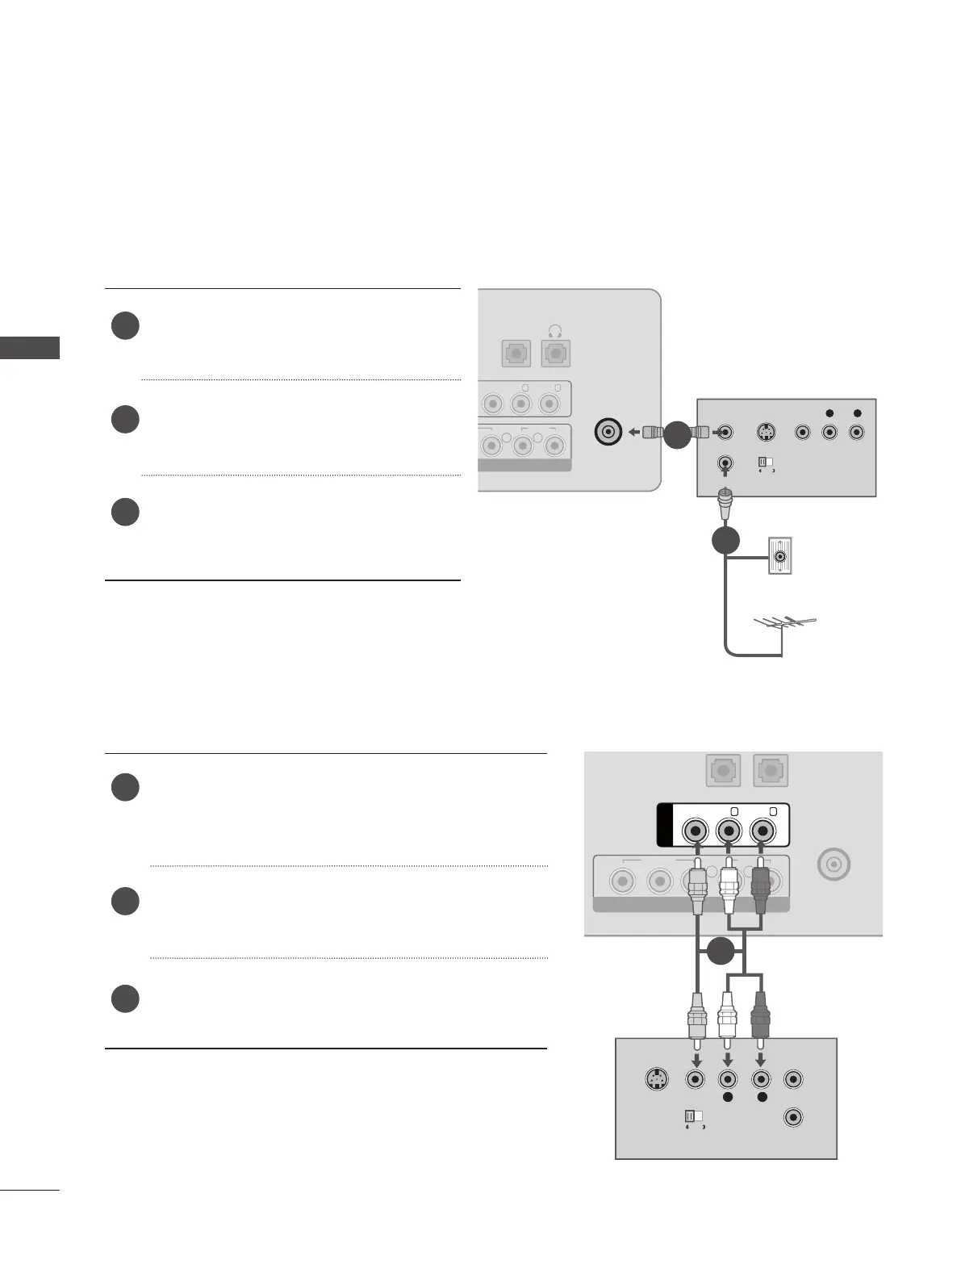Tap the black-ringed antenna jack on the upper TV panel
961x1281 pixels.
pos(607,433)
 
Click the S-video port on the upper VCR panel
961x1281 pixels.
pos(765,433)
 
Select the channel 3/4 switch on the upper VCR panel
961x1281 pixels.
pos(763,463)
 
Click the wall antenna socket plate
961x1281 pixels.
pos(780,555)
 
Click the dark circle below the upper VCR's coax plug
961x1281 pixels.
pos(725,539)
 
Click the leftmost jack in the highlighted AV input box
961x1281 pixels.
pos(696,831)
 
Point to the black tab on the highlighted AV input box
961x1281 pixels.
pos(665,825)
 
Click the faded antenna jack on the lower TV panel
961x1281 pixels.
pos(833,865)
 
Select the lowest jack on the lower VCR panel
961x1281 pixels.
pos(794,1118)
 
